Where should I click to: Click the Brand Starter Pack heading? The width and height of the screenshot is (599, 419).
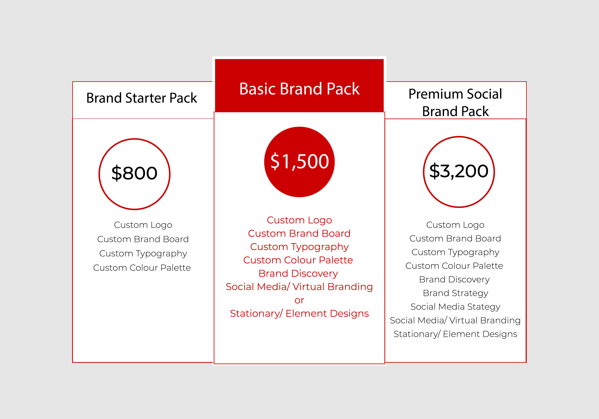tap(142, 98)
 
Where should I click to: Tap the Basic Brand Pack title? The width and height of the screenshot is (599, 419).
tap(299, 89)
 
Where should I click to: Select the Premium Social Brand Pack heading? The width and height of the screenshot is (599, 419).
tap(455, 102)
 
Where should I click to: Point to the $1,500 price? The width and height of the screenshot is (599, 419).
tap(299, 162)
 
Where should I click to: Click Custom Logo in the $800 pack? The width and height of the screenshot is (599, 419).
tap(143, 225)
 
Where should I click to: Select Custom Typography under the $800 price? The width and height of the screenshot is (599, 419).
tap(143, 253)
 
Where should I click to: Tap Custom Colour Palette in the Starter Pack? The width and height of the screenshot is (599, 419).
tap(142, 268)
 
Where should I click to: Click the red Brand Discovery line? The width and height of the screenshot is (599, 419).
tap(298, 274)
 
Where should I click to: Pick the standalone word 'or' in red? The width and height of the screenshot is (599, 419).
tap(299, 300)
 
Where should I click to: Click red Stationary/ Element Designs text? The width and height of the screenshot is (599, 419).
tap(299, 313)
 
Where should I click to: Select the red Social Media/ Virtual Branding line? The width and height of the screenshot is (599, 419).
tap(299, 287)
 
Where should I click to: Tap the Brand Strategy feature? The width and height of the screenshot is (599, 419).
tap(455, 293)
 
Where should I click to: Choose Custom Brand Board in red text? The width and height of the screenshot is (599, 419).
tap(299, 233)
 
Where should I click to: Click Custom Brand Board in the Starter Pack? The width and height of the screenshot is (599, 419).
tap(143, 239)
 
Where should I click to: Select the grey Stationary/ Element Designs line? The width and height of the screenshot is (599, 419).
tap(455, 334)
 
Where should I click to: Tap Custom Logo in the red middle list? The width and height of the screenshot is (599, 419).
tap(299, 220)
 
